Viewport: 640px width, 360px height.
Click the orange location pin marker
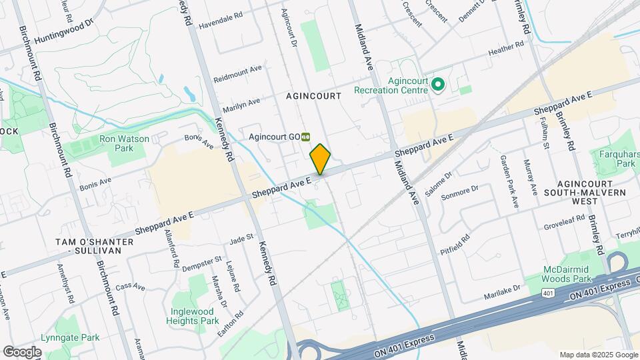coord(320,159)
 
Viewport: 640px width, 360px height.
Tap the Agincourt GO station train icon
coord(305,136)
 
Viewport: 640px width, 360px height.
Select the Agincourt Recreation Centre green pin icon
coord(438,85)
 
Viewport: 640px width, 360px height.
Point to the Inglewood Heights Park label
coord(195,316)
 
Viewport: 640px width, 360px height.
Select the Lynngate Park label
coord(69,338)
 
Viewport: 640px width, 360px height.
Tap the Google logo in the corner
coord(22,351)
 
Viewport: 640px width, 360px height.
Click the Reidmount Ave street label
coord(238,73)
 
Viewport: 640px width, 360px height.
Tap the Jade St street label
coord(241,237)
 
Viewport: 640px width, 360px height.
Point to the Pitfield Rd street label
coord(455,245)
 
